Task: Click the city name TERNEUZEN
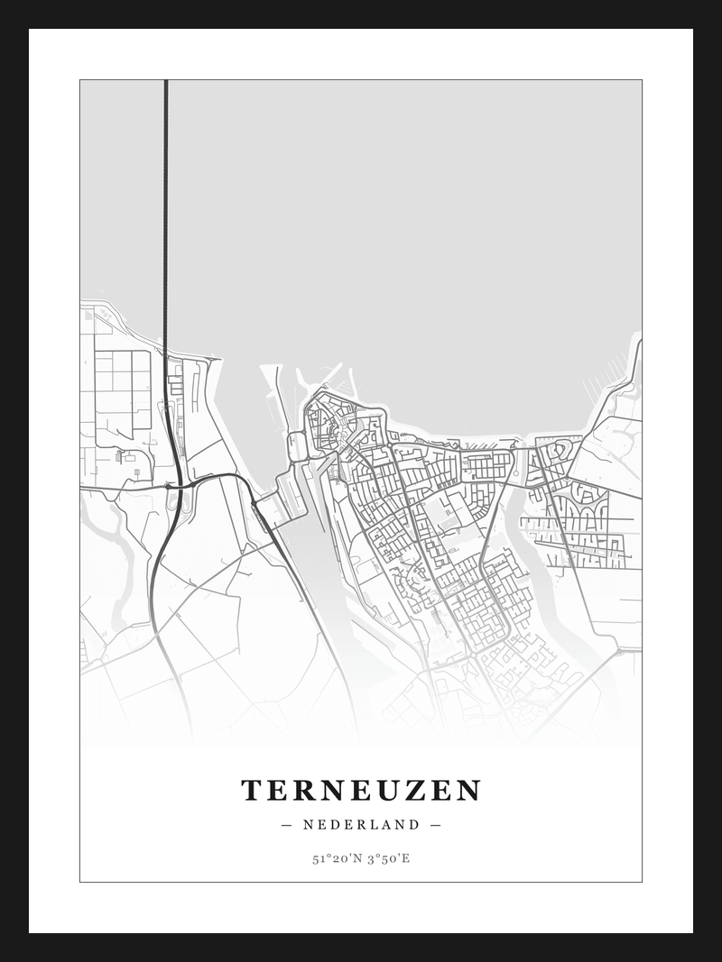(361, 791)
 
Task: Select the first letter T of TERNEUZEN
(252, 791)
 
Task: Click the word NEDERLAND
(361, 824)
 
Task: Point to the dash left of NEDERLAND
(287, 824)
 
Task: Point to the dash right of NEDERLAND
(436, 824)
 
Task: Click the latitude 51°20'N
(335, 858)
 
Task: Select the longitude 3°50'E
(387, 858)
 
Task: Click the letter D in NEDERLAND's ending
(413, 824)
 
